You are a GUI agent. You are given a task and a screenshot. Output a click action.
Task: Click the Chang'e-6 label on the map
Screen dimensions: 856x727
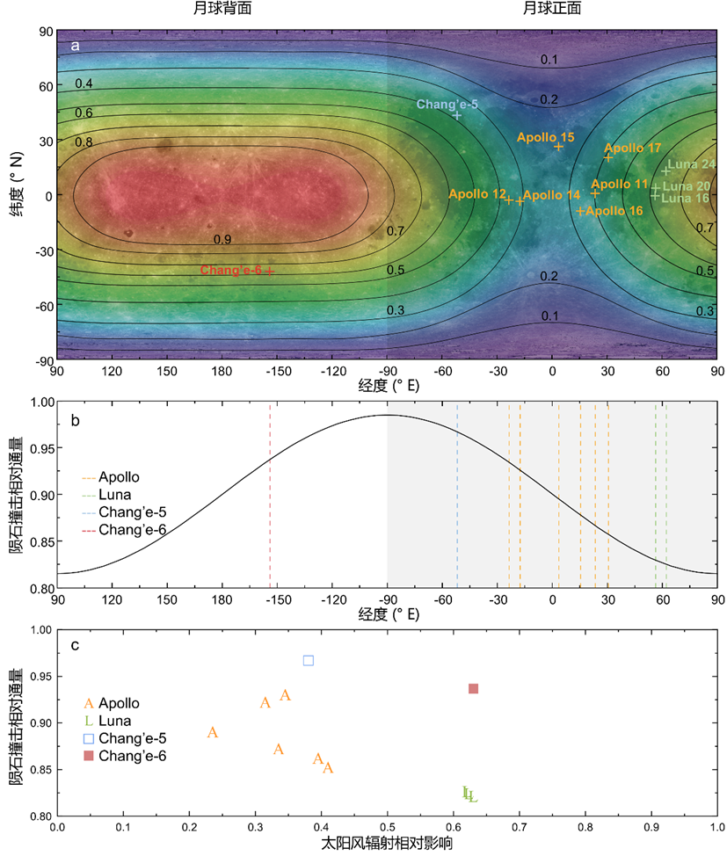(231, 270)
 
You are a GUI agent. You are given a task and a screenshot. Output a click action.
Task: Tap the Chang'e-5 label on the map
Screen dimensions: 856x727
(447, 105)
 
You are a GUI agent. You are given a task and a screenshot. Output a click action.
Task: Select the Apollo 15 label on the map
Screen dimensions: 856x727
(545, 137)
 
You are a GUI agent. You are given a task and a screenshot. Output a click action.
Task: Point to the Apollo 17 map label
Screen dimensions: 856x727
(633, 149)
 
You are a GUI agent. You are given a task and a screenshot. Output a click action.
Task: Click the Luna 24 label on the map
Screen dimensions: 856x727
(694, 164)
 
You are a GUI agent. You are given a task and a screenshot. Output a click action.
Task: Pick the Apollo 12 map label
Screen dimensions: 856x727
(477, 193)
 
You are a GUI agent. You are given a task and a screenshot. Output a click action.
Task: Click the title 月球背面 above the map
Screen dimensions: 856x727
(222, 9)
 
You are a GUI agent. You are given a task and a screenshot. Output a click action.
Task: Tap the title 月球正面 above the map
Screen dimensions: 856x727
(552, 9)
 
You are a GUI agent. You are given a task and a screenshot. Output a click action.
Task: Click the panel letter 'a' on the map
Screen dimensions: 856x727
(75, 46)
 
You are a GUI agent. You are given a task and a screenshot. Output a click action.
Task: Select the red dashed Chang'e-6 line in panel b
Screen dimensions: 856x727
(270, 501)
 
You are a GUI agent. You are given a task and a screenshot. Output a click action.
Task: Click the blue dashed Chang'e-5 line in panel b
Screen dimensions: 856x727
(457, 501)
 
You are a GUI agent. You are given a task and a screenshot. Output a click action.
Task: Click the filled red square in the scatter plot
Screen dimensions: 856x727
(473, 688)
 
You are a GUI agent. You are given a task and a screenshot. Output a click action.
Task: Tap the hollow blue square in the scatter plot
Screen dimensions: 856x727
(309, 660)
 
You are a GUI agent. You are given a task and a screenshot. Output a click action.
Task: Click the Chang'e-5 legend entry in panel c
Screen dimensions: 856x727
(133, 738)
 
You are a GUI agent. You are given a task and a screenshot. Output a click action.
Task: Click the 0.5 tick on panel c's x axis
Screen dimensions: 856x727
(387, 827)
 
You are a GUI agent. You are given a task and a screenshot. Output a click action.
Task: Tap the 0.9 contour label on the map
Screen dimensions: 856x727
(222, 239)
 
